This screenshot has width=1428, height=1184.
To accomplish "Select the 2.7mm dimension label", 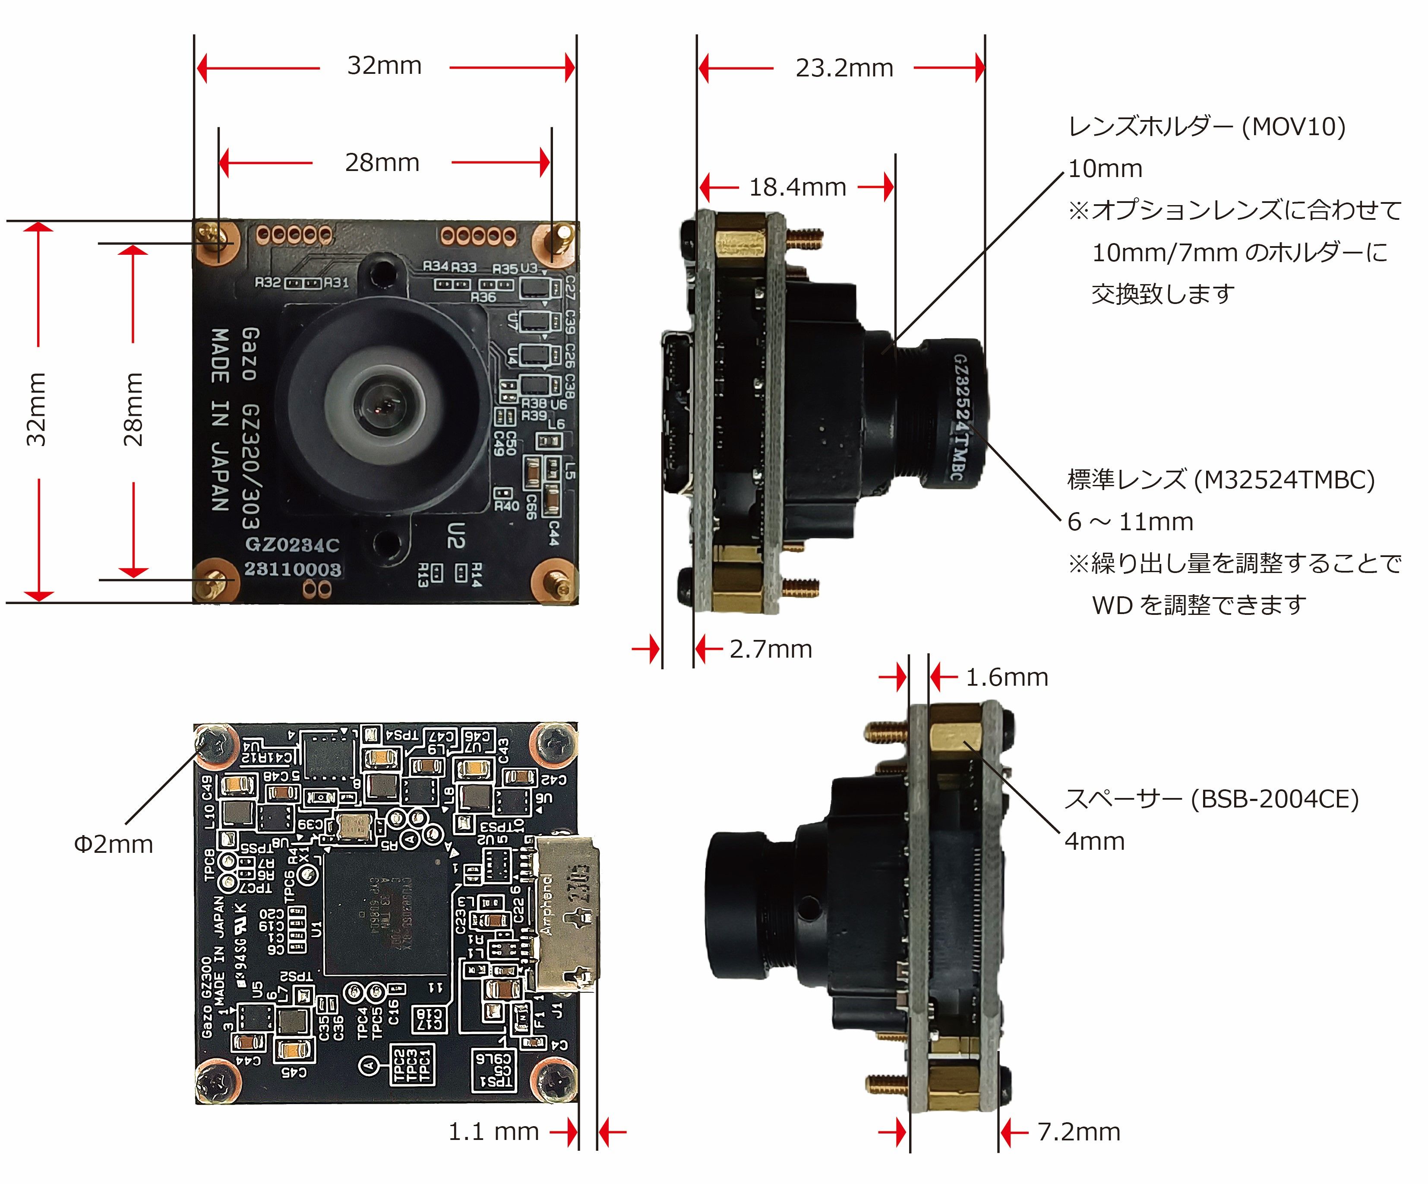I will pyautogui.click(x=771, y=649).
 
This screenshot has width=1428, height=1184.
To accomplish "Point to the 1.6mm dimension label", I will pyautogui.click(x=1006, y=677).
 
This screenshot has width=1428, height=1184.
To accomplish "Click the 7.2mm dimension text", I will pyautogui.click(x=1078, y=1132).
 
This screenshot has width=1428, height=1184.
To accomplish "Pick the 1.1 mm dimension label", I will pyautogui.click(x=493, y=1132).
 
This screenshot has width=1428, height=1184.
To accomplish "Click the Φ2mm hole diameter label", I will pyautogui.click(x=113, y=845).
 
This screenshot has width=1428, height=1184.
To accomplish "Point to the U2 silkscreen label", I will pyautogui.click(x=455, y=535).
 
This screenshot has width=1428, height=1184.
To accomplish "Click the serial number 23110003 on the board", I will pyautogui.click(x=292, y=569).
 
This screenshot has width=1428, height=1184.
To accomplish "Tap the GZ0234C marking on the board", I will pyautogui.click(x=292, y=545).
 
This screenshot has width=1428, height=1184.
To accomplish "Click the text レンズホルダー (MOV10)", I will pyautogui.click(x=1206, y=127).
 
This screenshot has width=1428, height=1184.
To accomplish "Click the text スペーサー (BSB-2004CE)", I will pyautogui.click(x=1211, y=799).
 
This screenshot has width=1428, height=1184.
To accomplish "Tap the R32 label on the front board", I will pyautogui.click(x=267, y=282).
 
